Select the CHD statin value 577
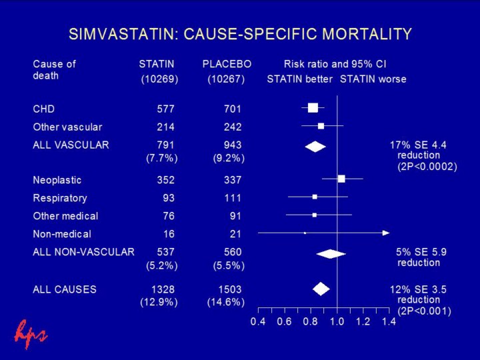pos(164,109)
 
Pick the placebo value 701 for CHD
pos(233,109)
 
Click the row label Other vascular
pos(67,127)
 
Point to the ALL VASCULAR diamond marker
pos(315,147)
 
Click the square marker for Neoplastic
pos(341,179)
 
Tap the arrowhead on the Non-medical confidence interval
pos(386,233)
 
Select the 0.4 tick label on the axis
pos(257,322)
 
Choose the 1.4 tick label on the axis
pos(389,322)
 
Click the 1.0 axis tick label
pos(337,322)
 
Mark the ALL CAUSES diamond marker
pos(321,289)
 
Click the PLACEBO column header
pos(227,65)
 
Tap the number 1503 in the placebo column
pos(230,289)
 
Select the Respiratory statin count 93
pos(169,198)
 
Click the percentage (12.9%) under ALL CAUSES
pos(159,302)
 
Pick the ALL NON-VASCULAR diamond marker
pos(331,253)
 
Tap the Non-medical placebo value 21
pos(235,234)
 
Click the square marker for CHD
pos(313,108)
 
